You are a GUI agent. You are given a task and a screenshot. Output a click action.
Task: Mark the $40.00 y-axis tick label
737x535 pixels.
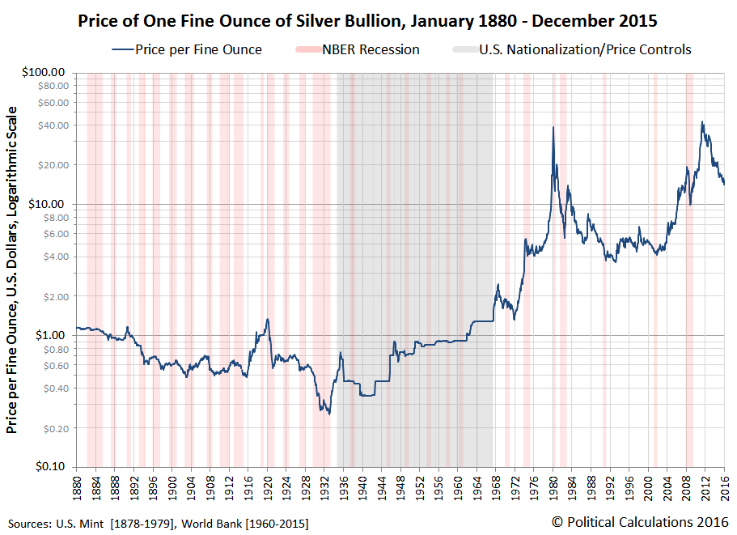coord(52,125)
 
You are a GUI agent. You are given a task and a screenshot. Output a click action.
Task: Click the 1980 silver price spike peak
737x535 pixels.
coord(553,127)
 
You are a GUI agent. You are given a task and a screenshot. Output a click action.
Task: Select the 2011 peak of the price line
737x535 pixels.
coord(701,122)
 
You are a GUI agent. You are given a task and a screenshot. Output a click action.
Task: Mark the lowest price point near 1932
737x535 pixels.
coord(328,414)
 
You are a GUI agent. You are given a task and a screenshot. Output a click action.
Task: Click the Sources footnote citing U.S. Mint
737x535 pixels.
coord(158,523)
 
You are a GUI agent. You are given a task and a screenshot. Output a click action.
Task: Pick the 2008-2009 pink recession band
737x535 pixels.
coord(689,267)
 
